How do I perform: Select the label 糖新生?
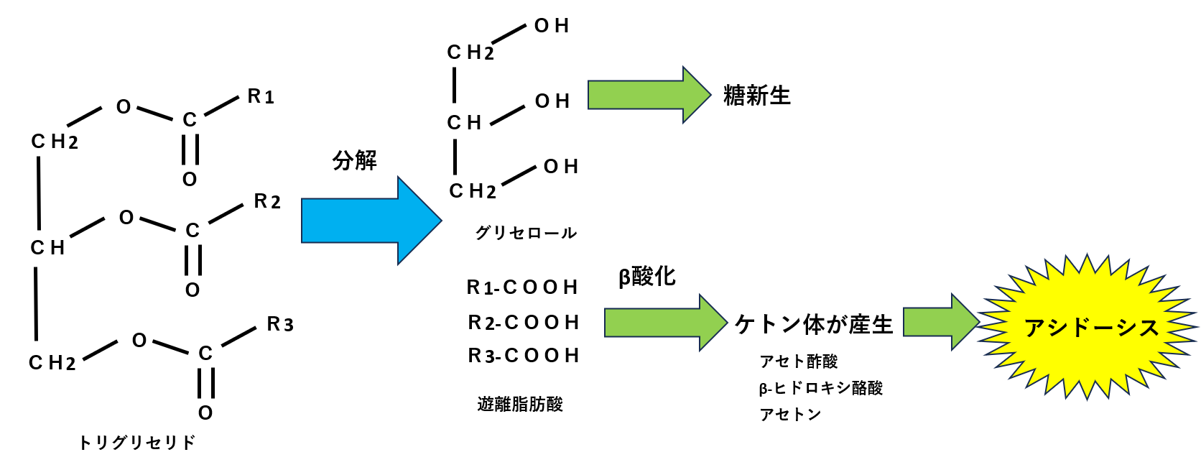pyautogui.click(x=756, y=96)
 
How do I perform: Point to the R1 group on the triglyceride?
pyautogui.click(x=261, y=96)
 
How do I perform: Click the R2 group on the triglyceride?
pyautogui.click(x=267, y=201)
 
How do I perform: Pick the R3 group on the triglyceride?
pyautogui.click(x=280, y=325)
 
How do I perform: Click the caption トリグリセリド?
pyautogui.click(x=136, y=443)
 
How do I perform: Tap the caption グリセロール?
pyautogui.click(x=526, y=233)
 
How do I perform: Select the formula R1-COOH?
pyautogui.click(x=522, y=287)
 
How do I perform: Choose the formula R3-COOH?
pyautogui.click(x=524, y=356)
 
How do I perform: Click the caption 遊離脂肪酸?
pyautogui.click(x=520, y=405)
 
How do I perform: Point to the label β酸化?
pyautogui.click(x=646, y=277)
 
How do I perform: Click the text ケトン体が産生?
pyautogui.click(x=813, y=325)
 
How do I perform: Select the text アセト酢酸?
pyautogui.click(x=799, y=361)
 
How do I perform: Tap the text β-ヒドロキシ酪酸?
pyautogui.click(x=820, y=389)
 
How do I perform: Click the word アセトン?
pyautogui.click(x=790, y=415)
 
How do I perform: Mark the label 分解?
pyautogui.click(x=354, y=160)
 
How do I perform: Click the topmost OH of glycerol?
pyautogui.click(x=552, y=27)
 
